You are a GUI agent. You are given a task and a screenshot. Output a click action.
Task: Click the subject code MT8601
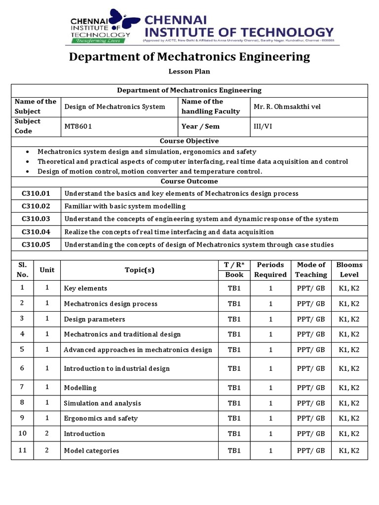click(x=78, y=126)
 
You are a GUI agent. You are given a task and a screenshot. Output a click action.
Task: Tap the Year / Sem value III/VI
click(x=263, y=126)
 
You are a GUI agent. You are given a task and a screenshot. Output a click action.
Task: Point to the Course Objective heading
click(x=189, y=141)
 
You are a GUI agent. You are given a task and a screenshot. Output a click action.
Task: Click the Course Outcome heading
click(x=189, y=181)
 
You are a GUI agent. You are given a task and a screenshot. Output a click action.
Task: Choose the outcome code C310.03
click(x=36, y=219)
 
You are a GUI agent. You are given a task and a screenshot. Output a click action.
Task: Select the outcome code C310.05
click(x=36, y=245)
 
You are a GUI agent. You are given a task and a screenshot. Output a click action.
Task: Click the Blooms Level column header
click(x=349, y=270)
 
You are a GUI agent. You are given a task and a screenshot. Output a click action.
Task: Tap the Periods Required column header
click(x=270, y=270)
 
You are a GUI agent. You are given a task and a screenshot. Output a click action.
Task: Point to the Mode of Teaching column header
click(x=311, y=270)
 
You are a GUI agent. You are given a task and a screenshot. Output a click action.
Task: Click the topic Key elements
click(x=85, y=289)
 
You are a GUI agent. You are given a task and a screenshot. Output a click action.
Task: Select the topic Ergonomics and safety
click(x=101, y=419)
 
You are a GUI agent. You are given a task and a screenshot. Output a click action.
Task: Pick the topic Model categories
click(x=91, y=451)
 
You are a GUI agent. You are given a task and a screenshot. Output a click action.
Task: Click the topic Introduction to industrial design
click(x=116, y=369)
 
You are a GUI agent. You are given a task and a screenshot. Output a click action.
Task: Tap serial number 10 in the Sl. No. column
click(x=22, y=433)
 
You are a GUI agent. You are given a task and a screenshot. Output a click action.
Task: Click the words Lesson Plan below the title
click(x=189, y=72)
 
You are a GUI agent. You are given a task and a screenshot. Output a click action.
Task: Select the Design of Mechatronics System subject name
click(x=114, y=107)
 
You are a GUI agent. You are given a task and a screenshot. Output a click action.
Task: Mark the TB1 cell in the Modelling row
click(x=234, y=388)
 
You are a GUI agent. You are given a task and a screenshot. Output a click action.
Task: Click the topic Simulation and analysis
click(x=102, y=403)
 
